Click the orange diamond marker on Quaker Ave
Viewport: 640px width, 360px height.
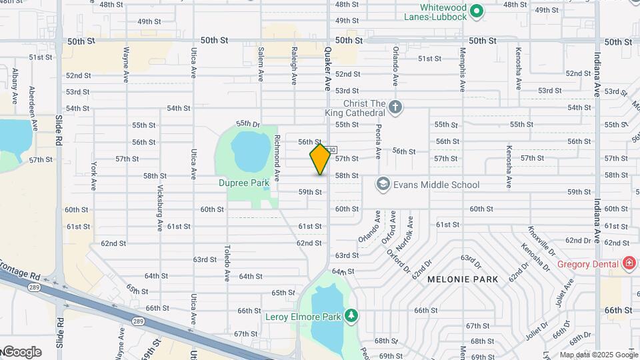click(320, 160)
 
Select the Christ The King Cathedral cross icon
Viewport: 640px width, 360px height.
click(395, 107)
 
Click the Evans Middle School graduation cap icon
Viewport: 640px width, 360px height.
click(383, 184)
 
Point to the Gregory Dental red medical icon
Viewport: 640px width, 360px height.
click(627, 264)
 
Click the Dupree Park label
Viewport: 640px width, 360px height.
click(244, 182)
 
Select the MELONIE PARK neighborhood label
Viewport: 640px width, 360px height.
click(463, 279)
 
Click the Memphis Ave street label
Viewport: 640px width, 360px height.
click(462, 69)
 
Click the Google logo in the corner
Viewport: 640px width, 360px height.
click(21, 352)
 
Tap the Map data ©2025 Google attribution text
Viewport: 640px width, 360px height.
click(598, 355)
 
